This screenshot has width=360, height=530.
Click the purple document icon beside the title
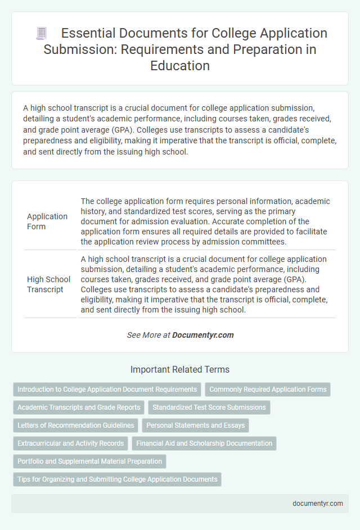41,33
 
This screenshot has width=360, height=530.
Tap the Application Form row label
47,221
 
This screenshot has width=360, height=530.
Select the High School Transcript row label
49,284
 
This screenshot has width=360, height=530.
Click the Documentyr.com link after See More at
202,335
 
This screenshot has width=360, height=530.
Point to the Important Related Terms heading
180,370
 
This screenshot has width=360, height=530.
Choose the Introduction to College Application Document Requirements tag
107,389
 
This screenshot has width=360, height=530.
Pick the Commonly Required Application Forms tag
268,389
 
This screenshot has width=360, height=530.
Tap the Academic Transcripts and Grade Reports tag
78,407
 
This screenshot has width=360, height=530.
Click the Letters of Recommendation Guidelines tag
76,425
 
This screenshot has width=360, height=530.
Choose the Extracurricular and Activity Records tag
71,443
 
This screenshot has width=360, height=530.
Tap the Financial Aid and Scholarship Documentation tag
204,443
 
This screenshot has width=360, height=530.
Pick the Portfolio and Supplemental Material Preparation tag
89,461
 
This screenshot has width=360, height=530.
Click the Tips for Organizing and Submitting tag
117,479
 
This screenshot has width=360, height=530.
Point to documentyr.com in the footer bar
318,504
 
